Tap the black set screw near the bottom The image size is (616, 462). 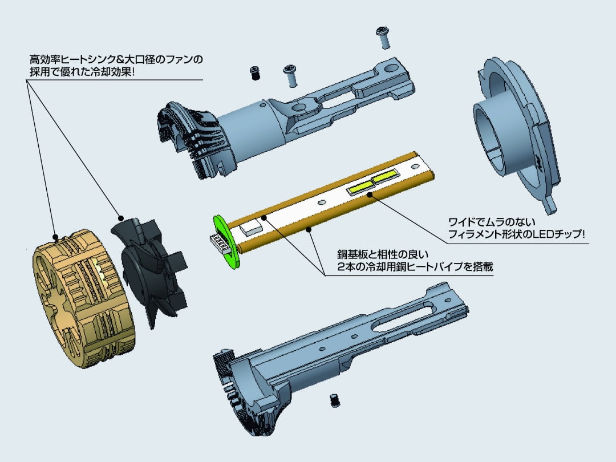click(335, 400)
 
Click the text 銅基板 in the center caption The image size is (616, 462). click(350, 254)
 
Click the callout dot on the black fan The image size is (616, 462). click(120, 217)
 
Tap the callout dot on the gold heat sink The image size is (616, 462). click(55, 236)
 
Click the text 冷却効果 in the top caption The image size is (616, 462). click(106, 73)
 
